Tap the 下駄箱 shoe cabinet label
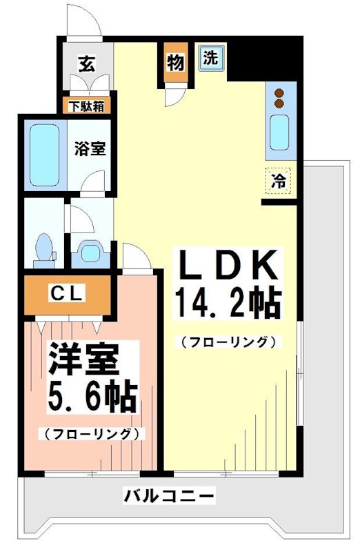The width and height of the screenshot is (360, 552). pyautogui.click(x=83, y=106)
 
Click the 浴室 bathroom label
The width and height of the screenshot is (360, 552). pyautogui.click(x=90, y=148)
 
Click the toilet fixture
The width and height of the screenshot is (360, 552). pyautogui.click(x=46, y=249)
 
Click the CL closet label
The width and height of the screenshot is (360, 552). pyautogui.click(x=67, y=294)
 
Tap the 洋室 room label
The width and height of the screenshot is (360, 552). pyautogui.click(x=84, y=359)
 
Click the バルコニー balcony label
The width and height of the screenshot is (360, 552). pyautogui.click(x=170, y=495)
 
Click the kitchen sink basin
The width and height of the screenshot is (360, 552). pyautogui.click(x=279, y=132)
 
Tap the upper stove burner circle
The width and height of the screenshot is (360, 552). pyautogui.click(x=279, y=94)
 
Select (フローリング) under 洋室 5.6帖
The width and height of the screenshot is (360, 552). pyautogui.click(x=91, y=434)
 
